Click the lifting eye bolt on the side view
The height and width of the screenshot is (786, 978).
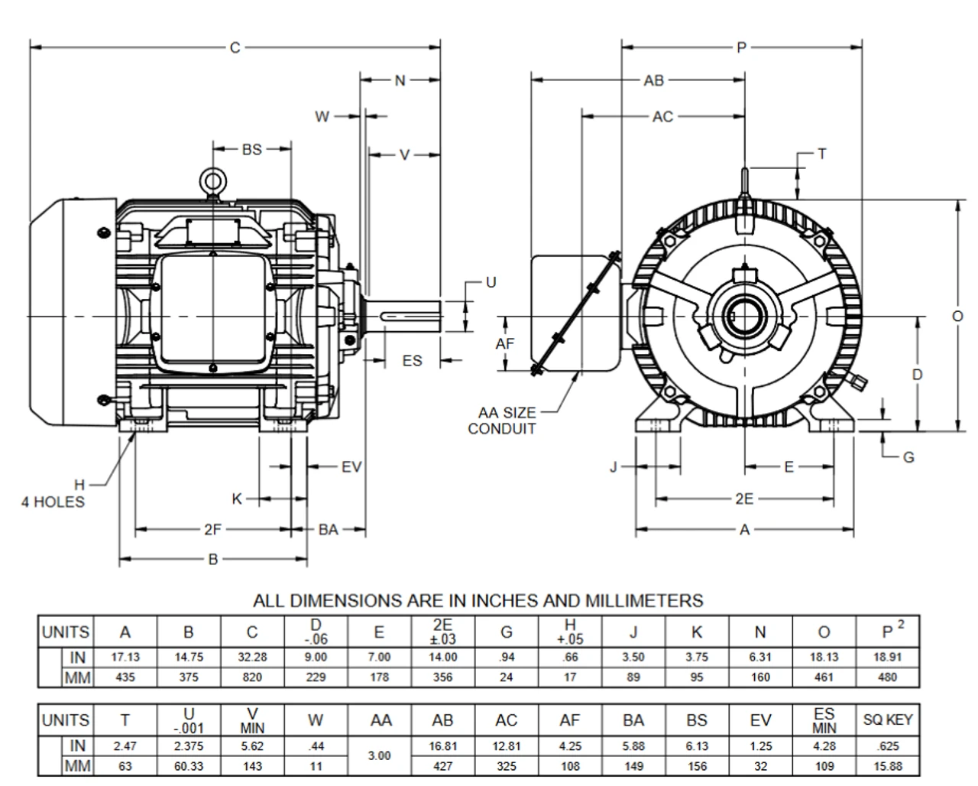pyautogui.click(x=212, y=181)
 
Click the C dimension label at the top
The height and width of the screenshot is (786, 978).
pyautogui.click(x=235, y=48)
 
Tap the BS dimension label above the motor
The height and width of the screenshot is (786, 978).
pyautogui.click(x=251, y=150)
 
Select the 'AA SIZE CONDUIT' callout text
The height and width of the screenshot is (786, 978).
pyautogui.click(x=502, y=421)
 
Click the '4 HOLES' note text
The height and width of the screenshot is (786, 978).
pyautogui.click(x=53, y=502)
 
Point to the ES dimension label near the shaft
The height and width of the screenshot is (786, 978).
pyautogui.click(x=412, y=360)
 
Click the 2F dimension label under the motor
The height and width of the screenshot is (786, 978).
pyautogui.click(x=212, y=529)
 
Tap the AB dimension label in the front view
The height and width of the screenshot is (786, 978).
pyautogui.click(x=654, y=80)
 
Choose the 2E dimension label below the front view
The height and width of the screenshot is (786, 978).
pyautogui.click(x=744, y=499)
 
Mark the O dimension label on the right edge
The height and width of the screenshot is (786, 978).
pyautogui.click(x=957, y=316)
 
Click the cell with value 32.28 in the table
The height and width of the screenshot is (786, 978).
pyautogui.click(x=252, y=657)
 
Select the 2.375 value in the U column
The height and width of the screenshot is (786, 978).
pyautogui.click(x=188, y=745)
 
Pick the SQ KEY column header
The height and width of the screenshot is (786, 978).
pyautogui.click(x=888, y=719)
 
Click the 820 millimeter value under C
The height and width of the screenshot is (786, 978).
pyautogui.click(x=252, y=677)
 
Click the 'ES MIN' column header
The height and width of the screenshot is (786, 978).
pyautogui.click(x=824, y=719)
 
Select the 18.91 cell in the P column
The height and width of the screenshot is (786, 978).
pyautogui.click(x=888, y=657)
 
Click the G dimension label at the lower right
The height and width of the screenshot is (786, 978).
pyautogui.click(x=908, y=457)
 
